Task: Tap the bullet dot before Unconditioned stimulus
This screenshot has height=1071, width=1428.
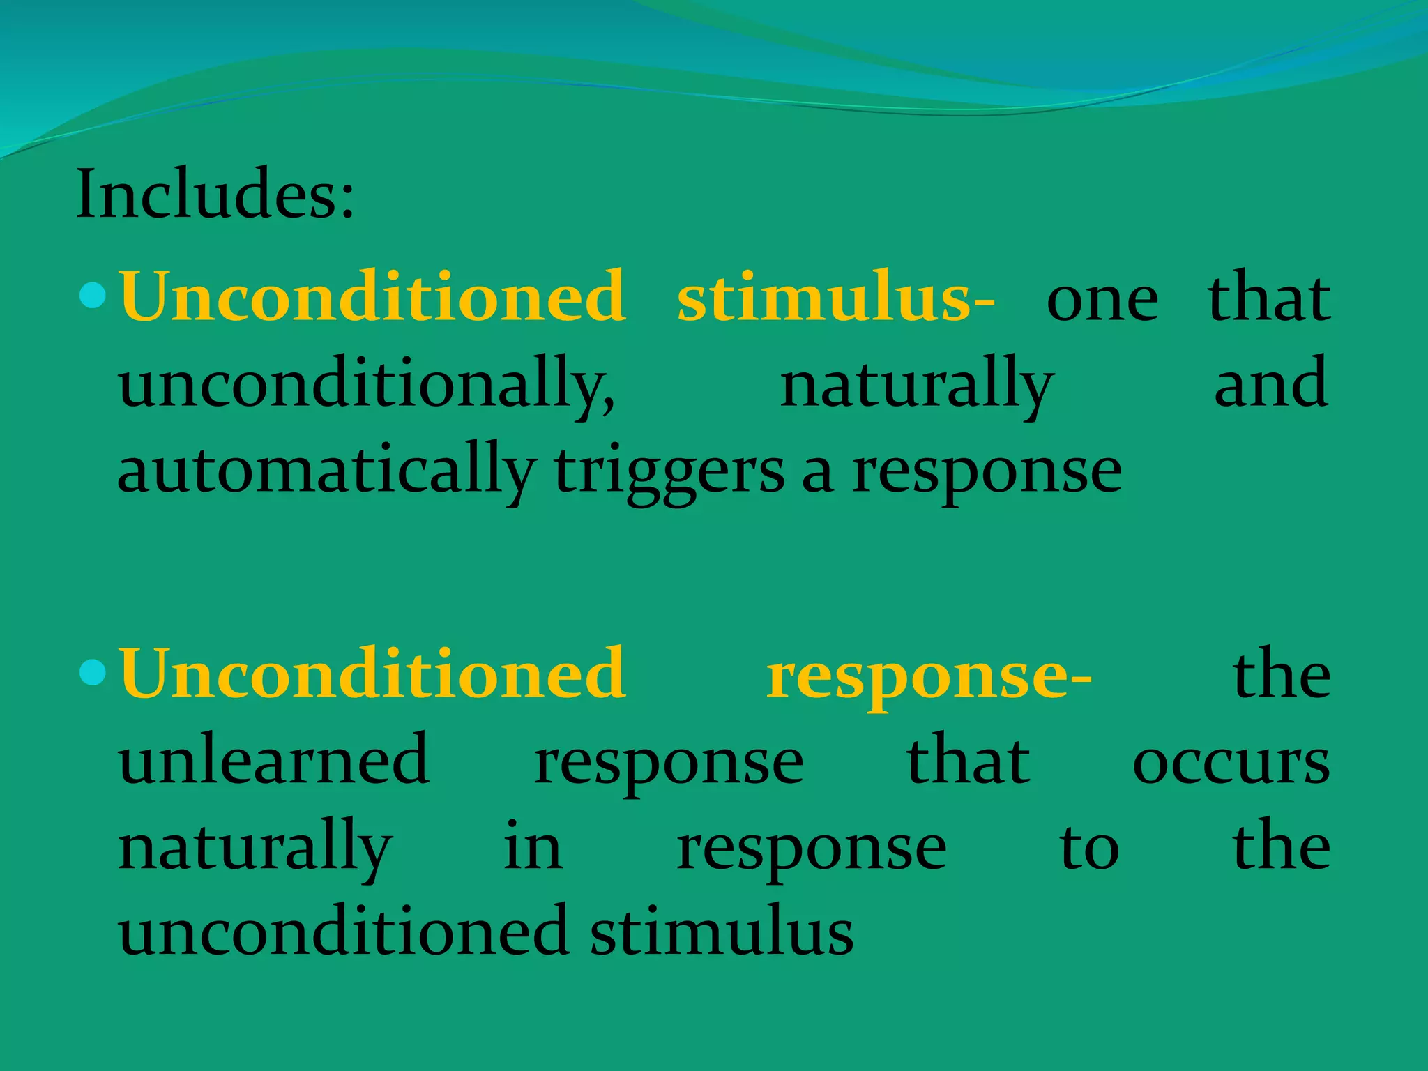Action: [93, 296]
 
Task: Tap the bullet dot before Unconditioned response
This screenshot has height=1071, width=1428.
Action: [93, 673]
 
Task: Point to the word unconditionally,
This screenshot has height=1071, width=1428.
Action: [367, 386]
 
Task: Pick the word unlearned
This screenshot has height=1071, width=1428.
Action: [274, 759]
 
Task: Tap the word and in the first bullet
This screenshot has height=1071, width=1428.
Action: [1270, 383]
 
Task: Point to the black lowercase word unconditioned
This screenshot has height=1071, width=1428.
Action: [344, 932]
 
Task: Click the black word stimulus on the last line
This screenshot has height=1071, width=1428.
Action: [722, 932]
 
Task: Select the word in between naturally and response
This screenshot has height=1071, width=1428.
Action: [533, 846]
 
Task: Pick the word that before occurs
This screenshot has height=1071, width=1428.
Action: [968, 759]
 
